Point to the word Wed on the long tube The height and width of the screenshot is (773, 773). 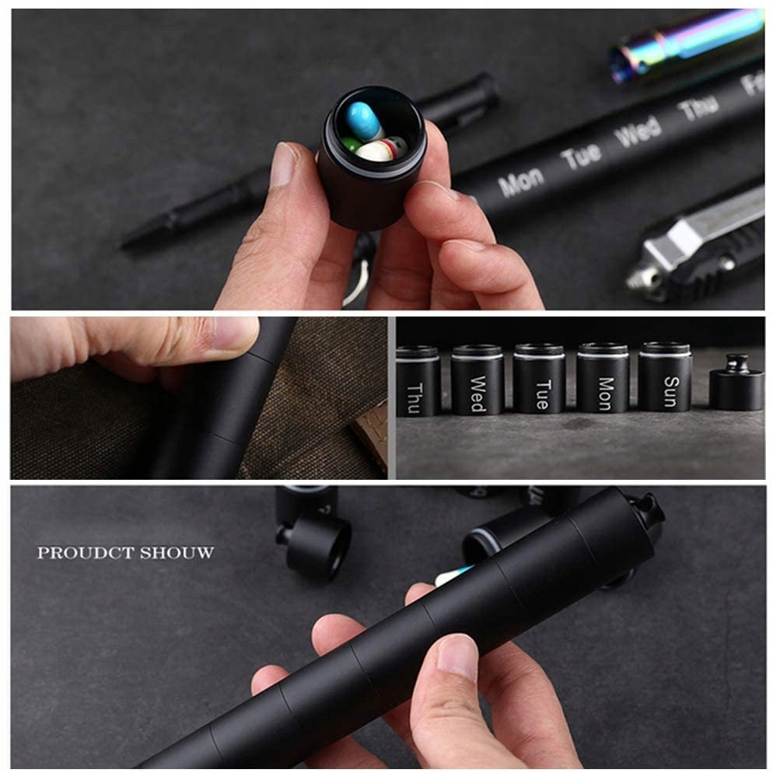pyautogui.click(x=638, y=131)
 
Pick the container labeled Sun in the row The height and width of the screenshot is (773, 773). pyautogui.click(x=665, y=376)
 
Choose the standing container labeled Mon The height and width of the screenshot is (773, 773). pyautogui.click(x=603, y=378)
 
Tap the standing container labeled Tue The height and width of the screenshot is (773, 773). pyautogui.click(x=539, y=379)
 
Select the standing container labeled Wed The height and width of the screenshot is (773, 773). pyautogui.click(x=477, y=380)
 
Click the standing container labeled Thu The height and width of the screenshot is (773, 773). pyautogui.click(x=417, y=380)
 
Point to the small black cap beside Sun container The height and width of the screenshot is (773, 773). pyautogui.click(x=736, y=383)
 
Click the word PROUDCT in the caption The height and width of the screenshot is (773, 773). pyautogui.click(x=86, y=553)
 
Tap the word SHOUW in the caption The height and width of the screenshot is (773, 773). pyautogui.click(x=177, y=553)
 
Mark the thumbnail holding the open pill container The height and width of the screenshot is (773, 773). pyautogui.click(x=284, y=164)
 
